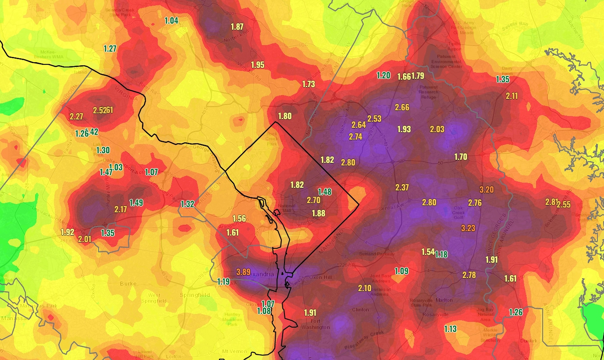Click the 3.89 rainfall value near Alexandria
243,272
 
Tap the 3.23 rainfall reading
468,228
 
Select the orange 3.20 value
487,190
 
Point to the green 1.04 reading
171,20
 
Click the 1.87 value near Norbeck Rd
237,27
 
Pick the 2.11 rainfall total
512,96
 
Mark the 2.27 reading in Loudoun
76,116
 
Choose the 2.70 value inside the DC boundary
313,200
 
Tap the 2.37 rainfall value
402,187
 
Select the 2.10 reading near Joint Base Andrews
365,288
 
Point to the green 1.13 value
450,329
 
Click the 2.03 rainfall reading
437,129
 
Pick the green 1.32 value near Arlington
187,204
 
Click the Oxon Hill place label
322,278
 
